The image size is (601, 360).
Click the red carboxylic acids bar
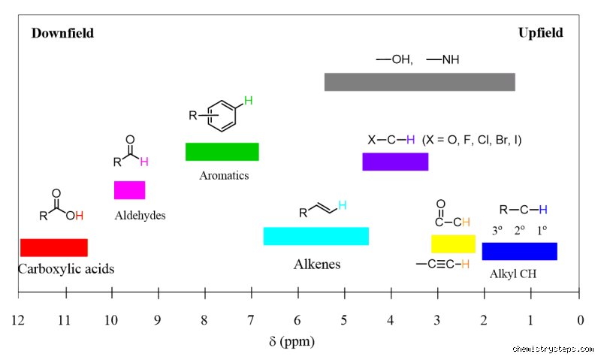(x=54, y=248)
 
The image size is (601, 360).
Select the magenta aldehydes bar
(x=129, y=190)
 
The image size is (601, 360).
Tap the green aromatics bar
(x=222, y=152)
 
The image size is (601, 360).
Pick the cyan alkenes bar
(x=316, y=236)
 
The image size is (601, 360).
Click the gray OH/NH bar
(x=420, y=82)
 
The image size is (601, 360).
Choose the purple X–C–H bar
(x=396, y=162)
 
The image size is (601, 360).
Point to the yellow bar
(x=454, y=244)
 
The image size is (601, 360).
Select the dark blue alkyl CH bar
(x=520, y=252)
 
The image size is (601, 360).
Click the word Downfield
(x=62, y=33)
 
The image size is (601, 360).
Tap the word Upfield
(x=540, y=33)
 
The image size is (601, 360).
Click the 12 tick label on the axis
(x=18, y=319)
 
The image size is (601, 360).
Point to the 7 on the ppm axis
(x=251, y=319)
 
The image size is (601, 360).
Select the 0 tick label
(x=581, y=319)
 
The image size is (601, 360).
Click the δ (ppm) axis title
(x=291, y=341)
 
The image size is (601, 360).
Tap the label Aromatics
(x=224, y=176)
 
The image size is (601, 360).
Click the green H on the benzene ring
(x=249, y=101)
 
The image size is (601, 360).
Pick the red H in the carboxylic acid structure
(x=80, y=216)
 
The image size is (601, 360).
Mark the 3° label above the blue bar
(x=497, y=231)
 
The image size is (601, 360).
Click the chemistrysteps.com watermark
(x=553, y=349)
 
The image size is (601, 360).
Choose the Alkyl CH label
(x=513, y=274)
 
